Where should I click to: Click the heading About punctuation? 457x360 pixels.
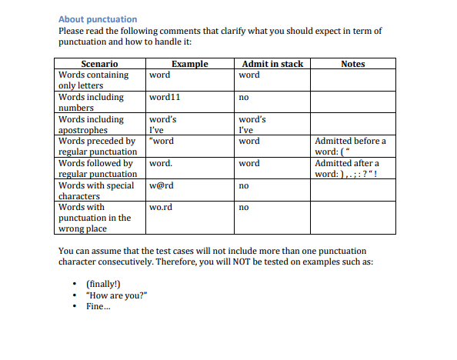point(98,19)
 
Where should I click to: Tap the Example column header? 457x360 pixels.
point(190,64)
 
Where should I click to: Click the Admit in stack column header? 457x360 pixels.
point(272,64)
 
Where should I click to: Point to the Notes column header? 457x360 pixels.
point(352,64)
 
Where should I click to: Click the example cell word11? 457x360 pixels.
point(165,98)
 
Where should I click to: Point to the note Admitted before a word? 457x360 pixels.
point(351,146)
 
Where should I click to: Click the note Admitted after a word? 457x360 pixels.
point(347,168)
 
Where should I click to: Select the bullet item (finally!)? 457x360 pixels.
point(103,284)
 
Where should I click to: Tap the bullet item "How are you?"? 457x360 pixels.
point(117,295)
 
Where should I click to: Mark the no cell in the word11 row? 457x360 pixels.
point(244,98)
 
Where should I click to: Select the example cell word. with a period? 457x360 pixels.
point(161,163)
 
